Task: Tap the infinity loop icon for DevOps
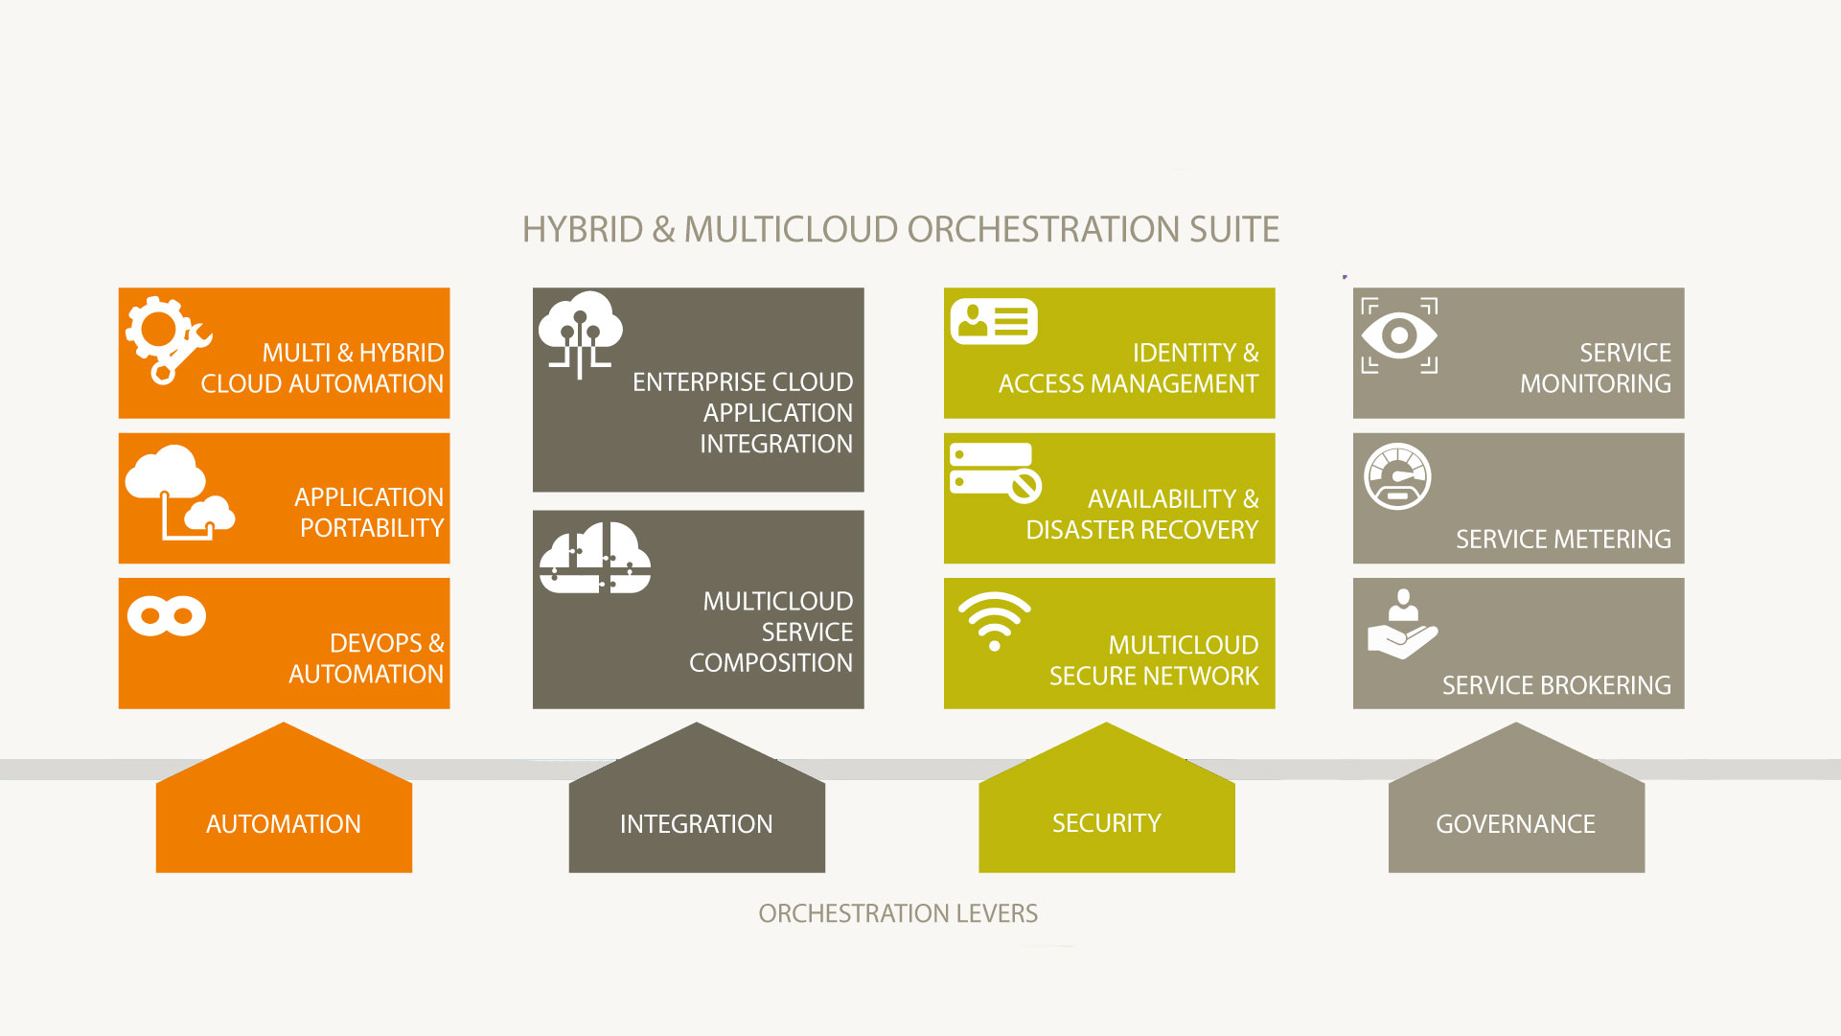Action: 167,616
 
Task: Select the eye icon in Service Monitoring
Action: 1399,335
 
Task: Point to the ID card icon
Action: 994,321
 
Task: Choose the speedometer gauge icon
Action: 1397,476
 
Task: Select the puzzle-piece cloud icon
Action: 595,558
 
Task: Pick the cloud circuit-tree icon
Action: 580,334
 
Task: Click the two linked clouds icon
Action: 180,493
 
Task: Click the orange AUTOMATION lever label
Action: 284,824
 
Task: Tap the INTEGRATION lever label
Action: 696,824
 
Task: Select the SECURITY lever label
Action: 1106,823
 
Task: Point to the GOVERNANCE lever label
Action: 1515,824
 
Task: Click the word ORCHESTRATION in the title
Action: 1044,230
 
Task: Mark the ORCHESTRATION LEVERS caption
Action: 898,913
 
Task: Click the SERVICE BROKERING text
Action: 1556,685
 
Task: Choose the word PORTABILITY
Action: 372,528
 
